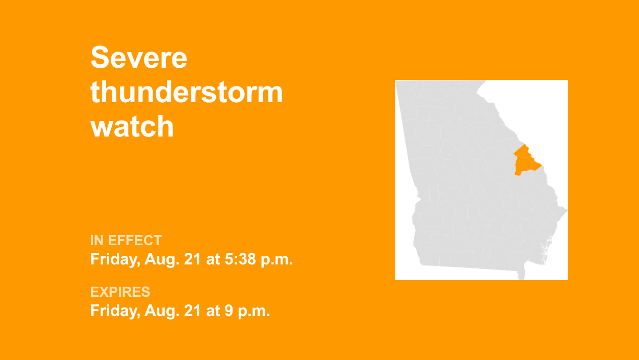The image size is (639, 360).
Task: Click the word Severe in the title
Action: (x=139, y=58)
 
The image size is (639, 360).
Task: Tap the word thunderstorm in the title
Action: (x=187, y=92)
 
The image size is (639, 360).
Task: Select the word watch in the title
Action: (x=132, y=126)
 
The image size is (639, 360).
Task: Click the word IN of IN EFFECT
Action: (x=97, y=241)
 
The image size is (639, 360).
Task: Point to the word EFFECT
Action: (x=135, y=241)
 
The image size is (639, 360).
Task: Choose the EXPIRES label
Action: (x=120, y=292)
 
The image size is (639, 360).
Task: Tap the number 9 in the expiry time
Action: (x=229, y=310)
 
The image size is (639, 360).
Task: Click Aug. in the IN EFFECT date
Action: (x=162, y=259)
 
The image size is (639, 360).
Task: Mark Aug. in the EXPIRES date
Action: (x=162, y=311)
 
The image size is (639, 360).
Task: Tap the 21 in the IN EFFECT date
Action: (x=192, y=259)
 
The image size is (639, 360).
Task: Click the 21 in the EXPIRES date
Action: (x=192, y=310)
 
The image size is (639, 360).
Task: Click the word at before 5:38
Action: (x=212, y=259)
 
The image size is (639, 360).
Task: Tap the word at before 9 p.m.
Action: (x=212, y=310)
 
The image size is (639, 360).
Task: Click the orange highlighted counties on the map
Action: (x=526, y=162)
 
